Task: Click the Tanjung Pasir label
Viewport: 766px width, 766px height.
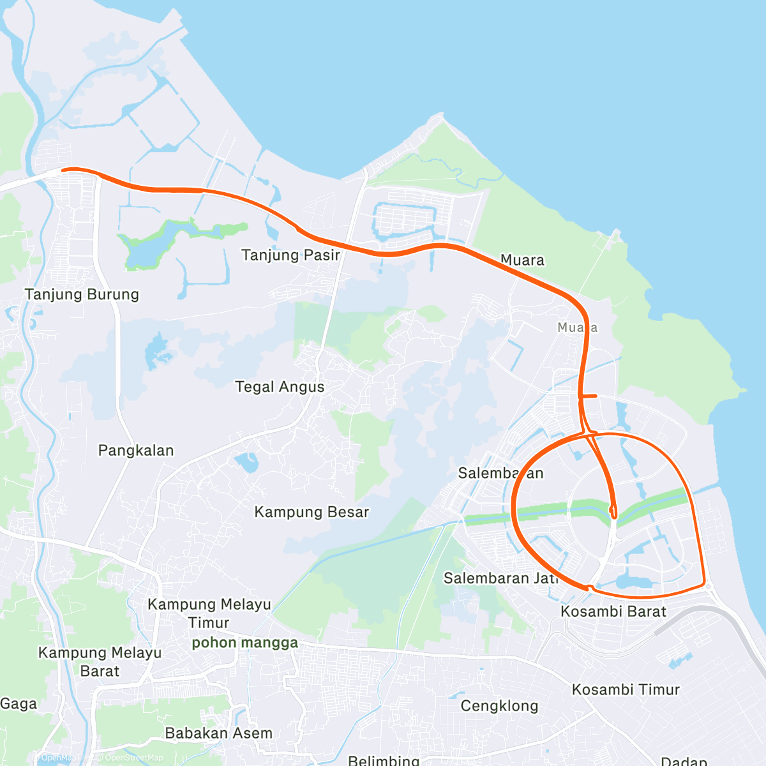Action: (290, 255)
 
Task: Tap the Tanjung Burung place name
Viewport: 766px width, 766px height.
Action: (82, 294)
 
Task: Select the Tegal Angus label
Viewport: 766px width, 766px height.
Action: (280, 387)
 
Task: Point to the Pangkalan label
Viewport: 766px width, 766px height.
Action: (136, 451)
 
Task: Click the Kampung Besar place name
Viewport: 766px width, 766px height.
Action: (312, 512)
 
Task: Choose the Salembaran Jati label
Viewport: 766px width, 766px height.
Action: (500, 578)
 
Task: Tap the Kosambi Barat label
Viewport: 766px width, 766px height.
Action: (613, 612)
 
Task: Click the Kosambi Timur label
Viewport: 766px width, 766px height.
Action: (626, 689)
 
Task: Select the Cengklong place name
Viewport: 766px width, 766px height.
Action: (499, 706)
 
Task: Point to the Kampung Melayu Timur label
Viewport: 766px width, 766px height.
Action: (209, 613)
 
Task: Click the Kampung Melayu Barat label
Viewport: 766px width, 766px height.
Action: (100, 661)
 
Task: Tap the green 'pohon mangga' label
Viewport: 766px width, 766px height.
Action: (245, 643)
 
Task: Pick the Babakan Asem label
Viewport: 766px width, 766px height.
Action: (218, 733)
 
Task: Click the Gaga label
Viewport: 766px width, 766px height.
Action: (19, 704)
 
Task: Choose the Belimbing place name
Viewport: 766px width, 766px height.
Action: (383, 760)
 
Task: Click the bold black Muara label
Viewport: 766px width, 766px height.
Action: (522, 260)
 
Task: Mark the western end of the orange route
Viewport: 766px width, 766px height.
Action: (63, 170)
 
